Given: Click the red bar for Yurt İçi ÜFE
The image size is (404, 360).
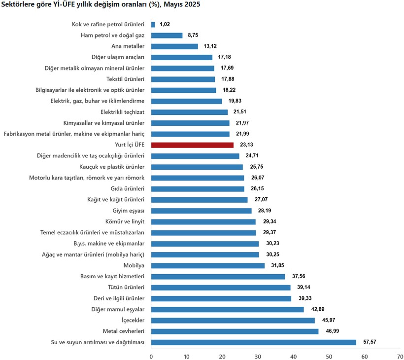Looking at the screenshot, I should click(192, 145).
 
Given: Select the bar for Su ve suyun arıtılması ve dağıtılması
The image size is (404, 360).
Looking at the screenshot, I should click(253, 342).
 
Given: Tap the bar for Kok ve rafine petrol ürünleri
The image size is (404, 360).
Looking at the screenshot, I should click(153, 24).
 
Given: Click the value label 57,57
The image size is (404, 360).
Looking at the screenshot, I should click(369, 342).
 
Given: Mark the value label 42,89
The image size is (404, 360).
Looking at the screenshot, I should click(317, 309).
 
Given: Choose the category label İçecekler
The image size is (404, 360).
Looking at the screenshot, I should click(131, 320).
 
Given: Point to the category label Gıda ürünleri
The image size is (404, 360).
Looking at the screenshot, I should click(128, 189).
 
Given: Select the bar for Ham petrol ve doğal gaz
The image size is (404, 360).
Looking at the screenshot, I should click(167, 36).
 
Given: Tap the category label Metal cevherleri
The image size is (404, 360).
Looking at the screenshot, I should click(123, 331).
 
